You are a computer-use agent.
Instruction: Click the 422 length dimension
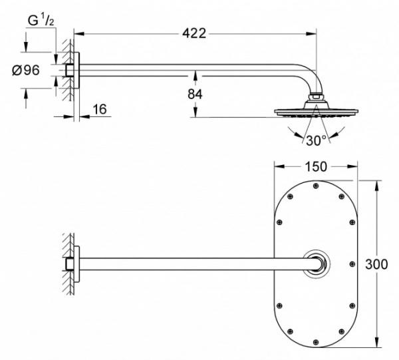click(x=194, y=33)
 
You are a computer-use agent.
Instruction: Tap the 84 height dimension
click(x=195, y=94)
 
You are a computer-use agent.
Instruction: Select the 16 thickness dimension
click(x=100, y=109)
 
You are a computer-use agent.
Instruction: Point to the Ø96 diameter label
click(x=26, y=70)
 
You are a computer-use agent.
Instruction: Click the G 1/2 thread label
click(x=41, y=21)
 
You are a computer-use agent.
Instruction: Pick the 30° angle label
click(x=316, y=140)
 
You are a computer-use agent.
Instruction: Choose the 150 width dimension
click(x=315, y=167)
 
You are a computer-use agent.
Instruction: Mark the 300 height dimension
click(x=376, y=264)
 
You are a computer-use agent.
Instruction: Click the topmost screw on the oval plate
click(x=316, y=186)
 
